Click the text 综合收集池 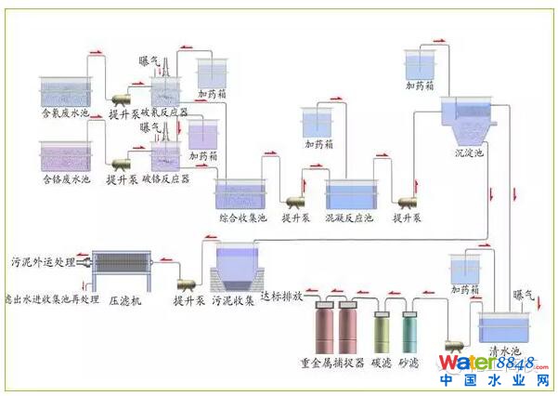point(241,218)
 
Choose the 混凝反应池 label point(349,218)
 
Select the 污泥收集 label point(233,301)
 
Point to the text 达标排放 point(280,297)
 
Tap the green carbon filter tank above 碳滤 point(381,330)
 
